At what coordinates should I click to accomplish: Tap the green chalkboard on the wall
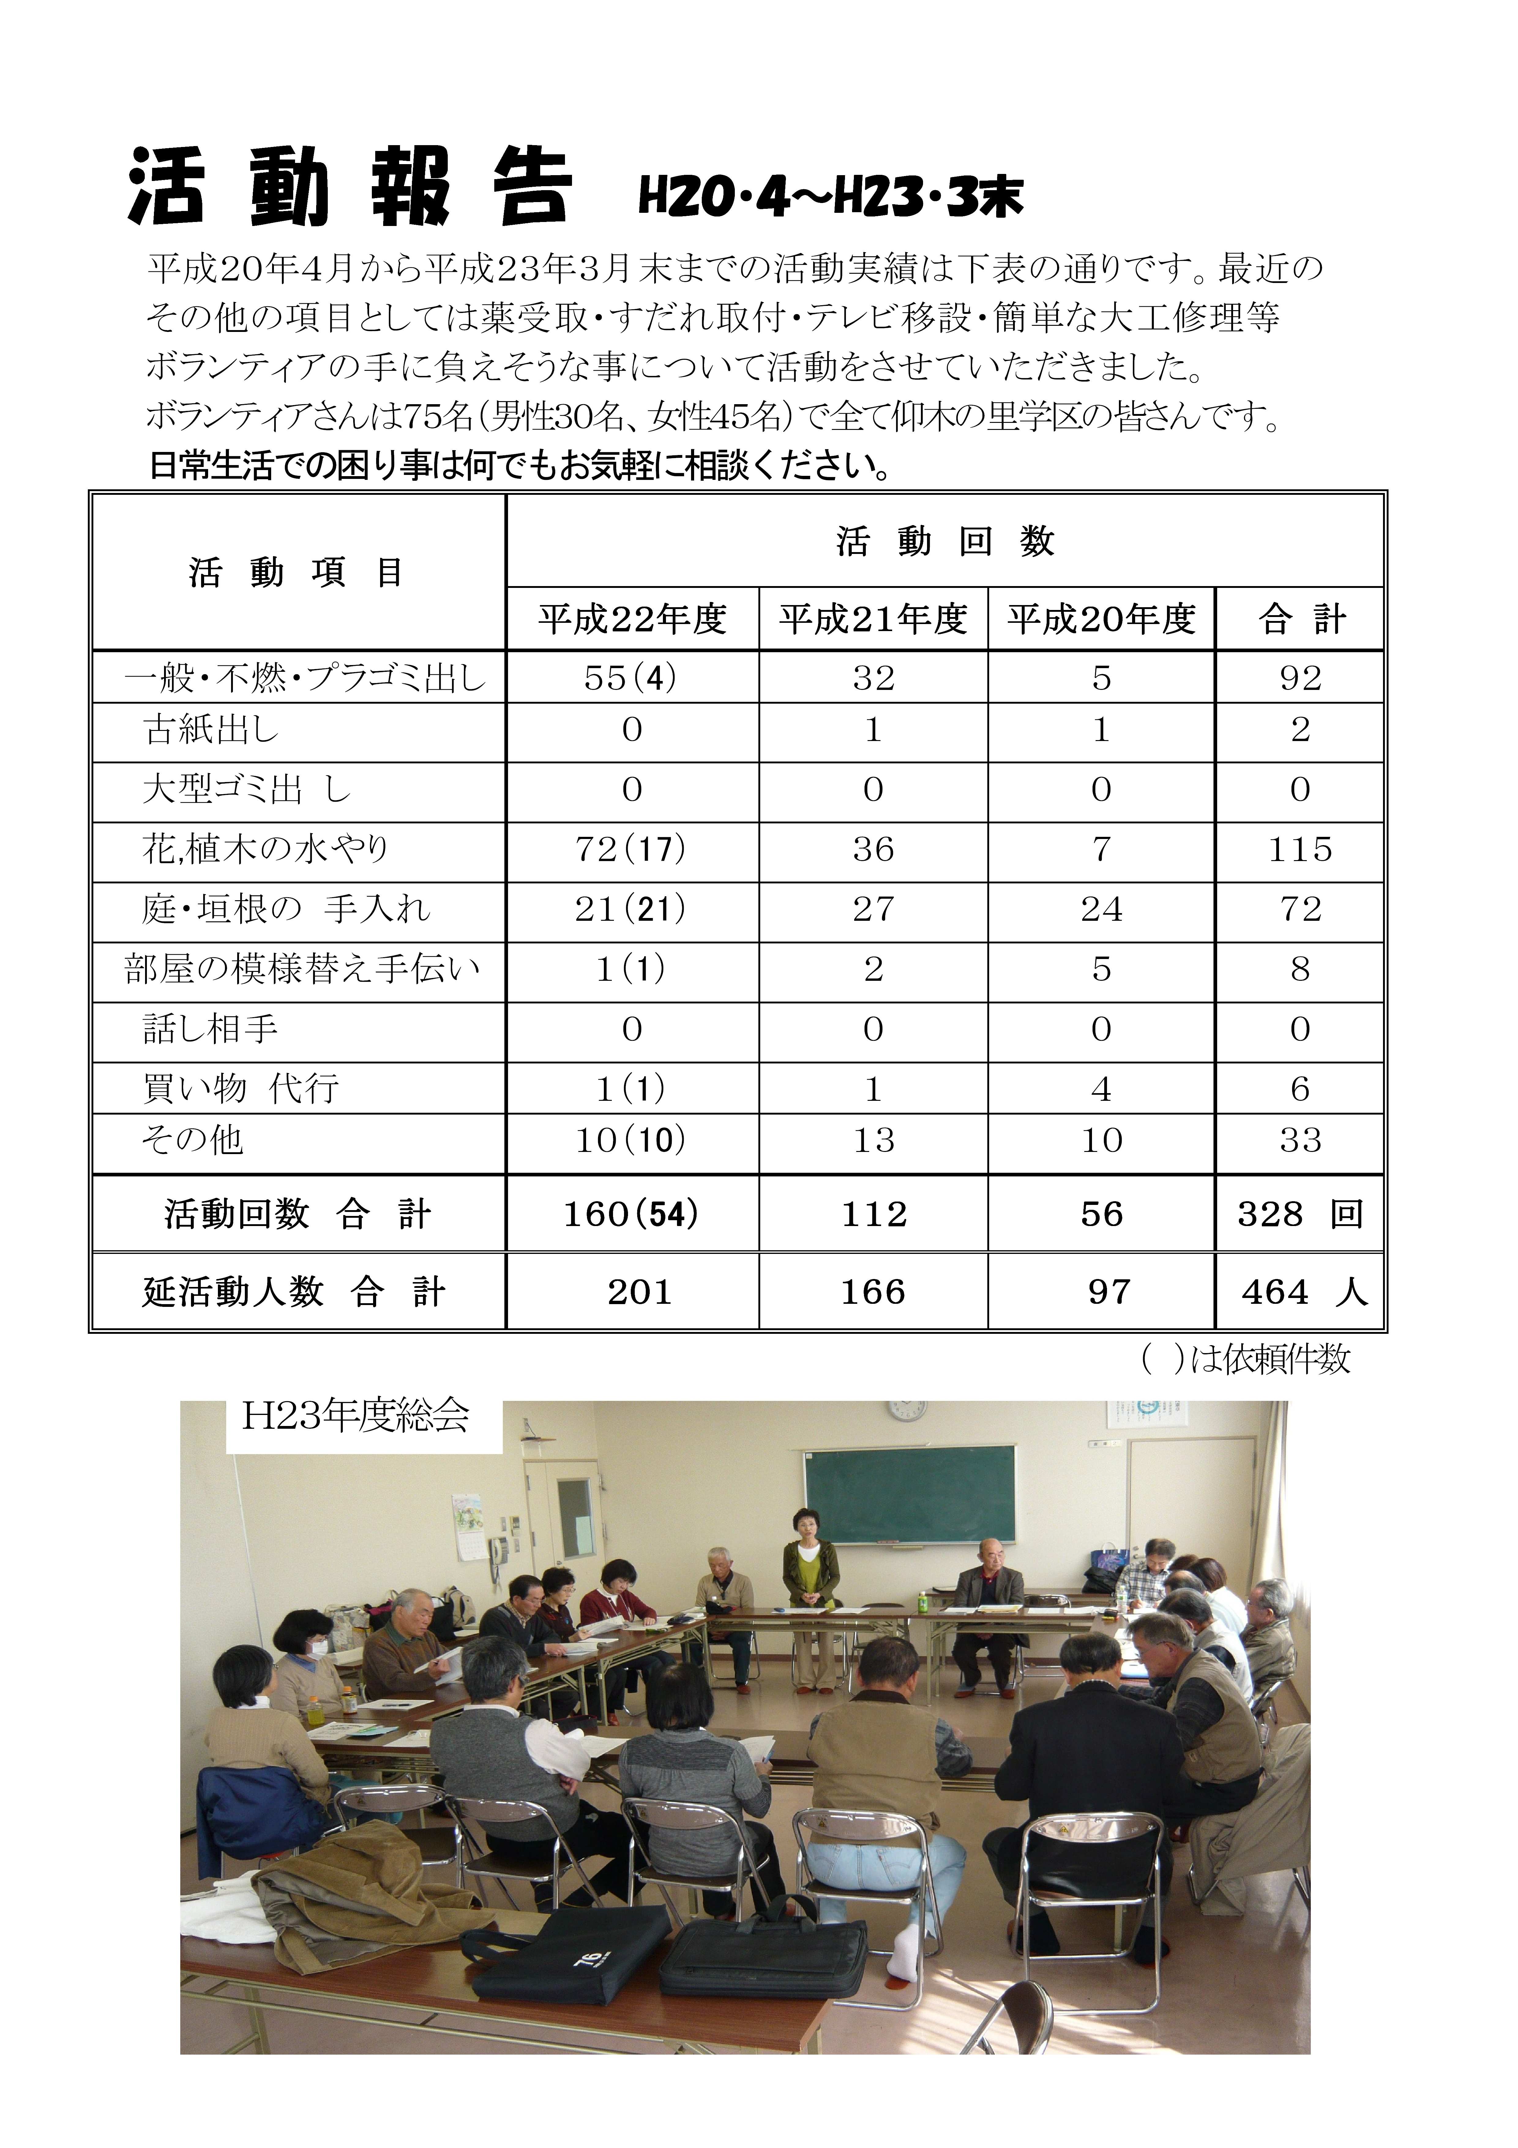[x=909, y=1494]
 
